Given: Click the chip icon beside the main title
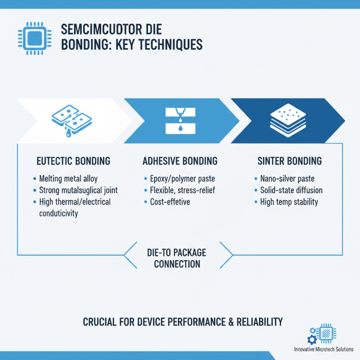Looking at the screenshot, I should tap(30, 39).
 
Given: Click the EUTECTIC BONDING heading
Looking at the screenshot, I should tap(73, 161).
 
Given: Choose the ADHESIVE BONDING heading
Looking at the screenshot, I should tap(180, 161).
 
